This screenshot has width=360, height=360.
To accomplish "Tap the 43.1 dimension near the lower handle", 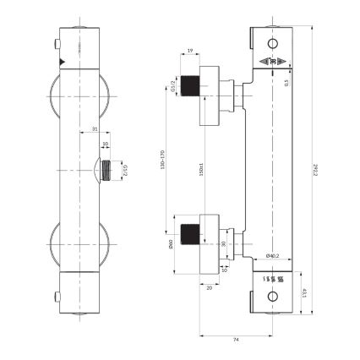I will point(304,294).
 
